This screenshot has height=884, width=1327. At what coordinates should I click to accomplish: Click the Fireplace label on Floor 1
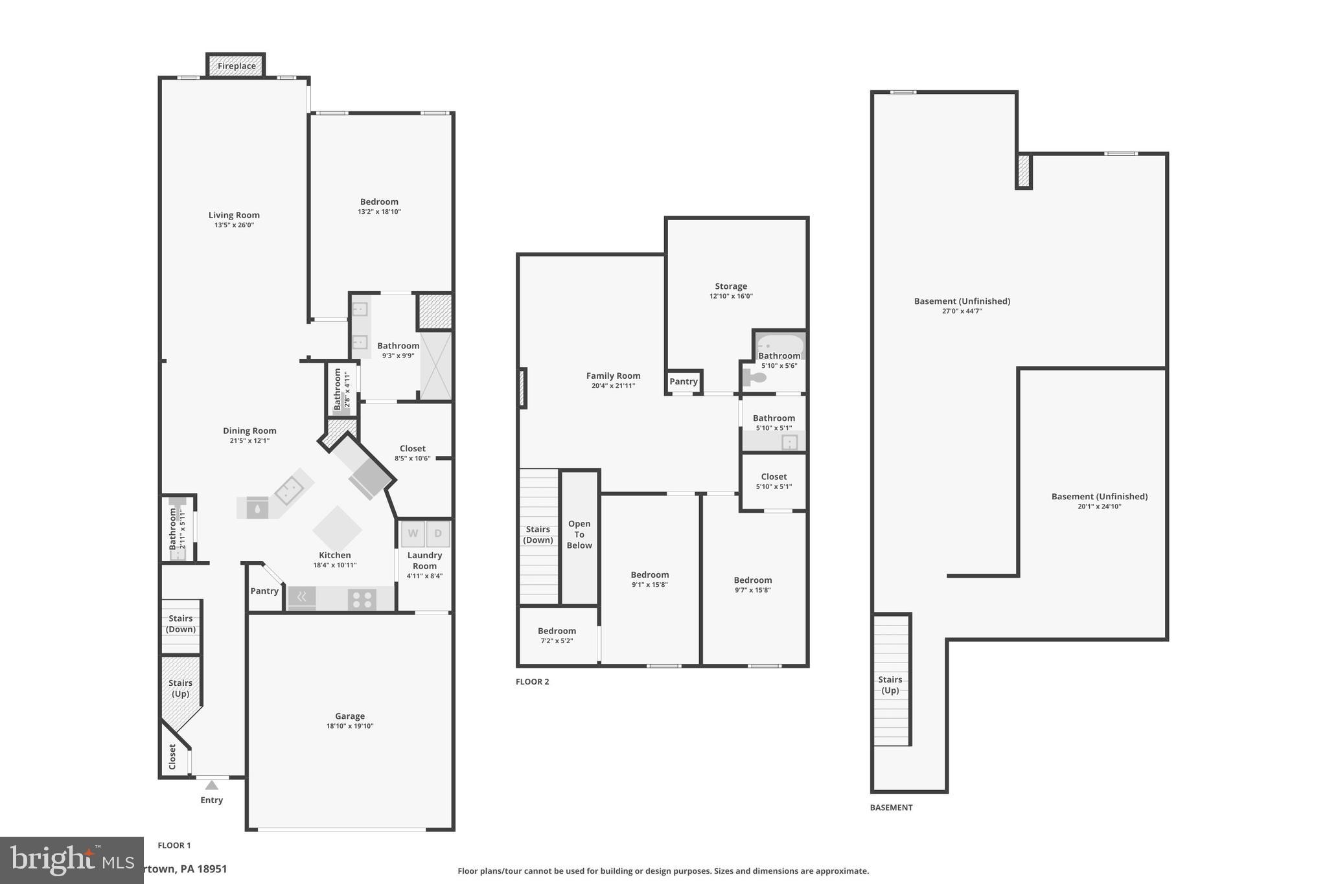point(236,66)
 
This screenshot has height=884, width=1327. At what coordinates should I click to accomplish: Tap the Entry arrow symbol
point(211,786)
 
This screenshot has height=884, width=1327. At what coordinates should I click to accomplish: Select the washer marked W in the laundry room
point(413,534)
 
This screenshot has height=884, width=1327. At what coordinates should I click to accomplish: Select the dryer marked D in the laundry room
point(438,534)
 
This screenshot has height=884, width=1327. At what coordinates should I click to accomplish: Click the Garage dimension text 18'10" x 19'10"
point(350,726)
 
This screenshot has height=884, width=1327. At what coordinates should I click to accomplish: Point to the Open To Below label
point(579,534)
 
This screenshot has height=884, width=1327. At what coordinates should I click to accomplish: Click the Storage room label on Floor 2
point(731,286)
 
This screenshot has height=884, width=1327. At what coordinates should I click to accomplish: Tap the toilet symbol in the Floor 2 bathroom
point(755,376)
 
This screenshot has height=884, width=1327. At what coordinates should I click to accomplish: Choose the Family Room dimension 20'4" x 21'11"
point(613,386)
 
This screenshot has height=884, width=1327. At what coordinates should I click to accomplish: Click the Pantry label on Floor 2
point(684,381)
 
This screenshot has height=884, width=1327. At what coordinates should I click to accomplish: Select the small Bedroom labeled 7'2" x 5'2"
point(557,635)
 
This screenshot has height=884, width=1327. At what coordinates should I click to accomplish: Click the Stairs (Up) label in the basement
point(890,685)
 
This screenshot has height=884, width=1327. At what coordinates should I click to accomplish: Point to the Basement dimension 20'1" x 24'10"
point(1099,506)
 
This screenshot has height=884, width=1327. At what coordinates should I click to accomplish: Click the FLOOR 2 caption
point(532,681)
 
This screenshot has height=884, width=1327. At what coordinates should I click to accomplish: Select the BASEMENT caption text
point(891,808)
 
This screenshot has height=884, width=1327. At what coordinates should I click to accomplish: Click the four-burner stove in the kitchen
point(362,600)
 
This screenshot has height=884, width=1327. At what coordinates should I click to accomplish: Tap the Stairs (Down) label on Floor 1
point(181,624)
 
